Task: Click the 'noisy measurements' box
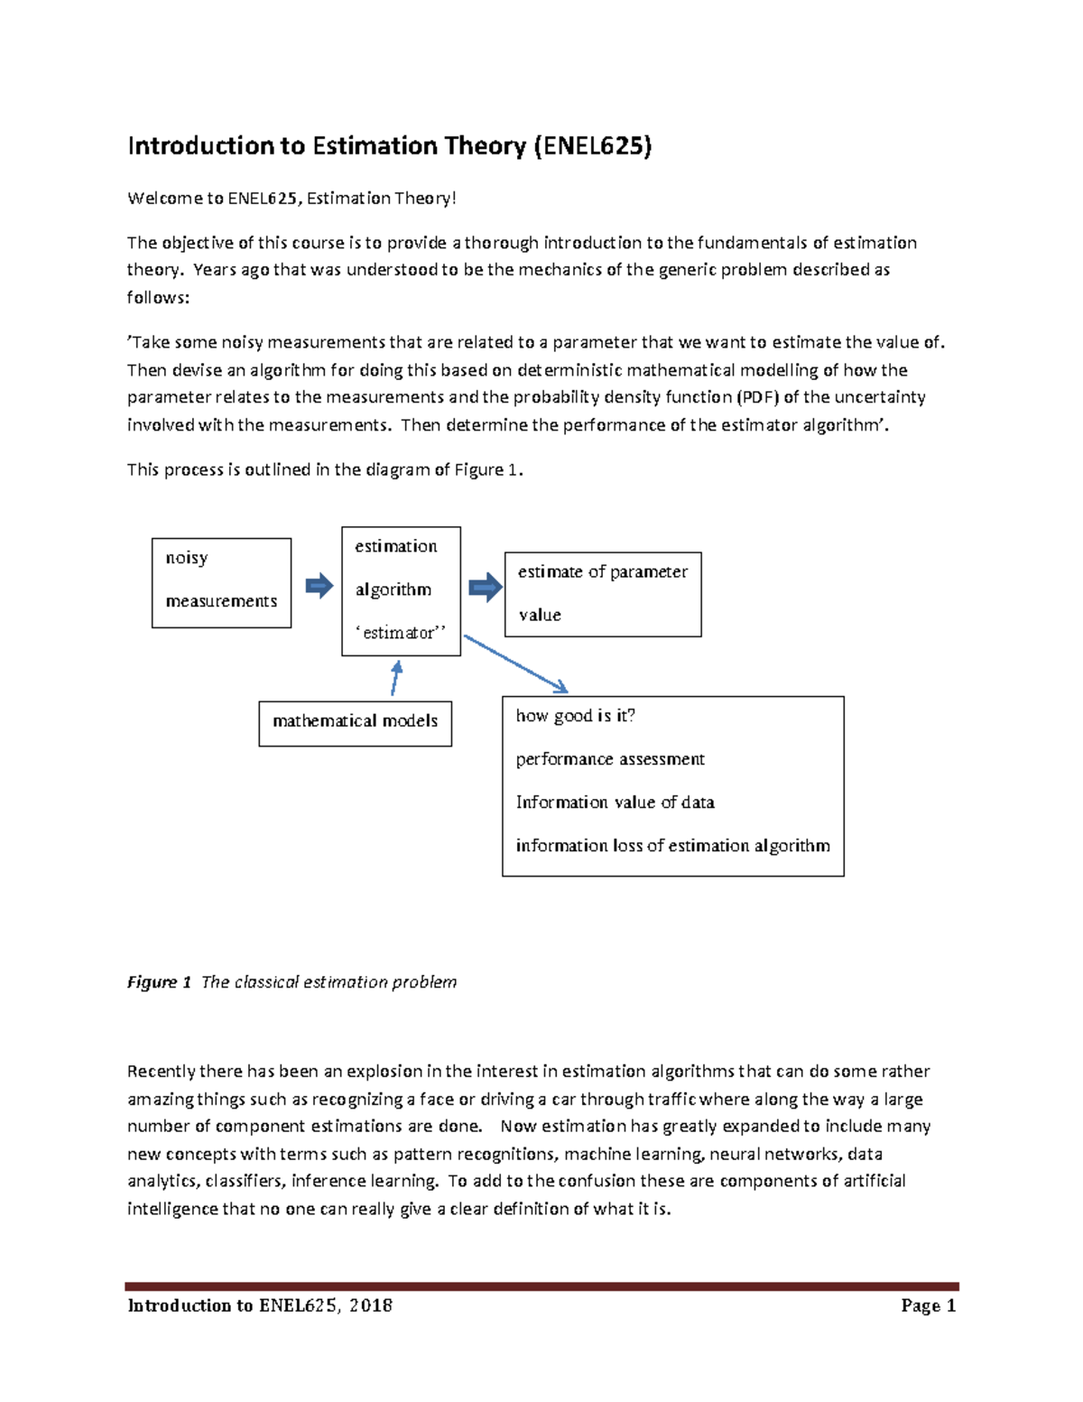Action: [x=221, y=582]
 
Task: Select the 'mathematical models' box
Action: [x=355, y=723]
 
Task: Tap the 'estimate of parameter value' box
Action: [x=602, y=594]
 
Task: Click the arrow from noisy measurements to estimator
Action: [x=319, y=587]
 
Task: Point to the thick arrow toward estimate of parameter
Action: [x=486, y=587]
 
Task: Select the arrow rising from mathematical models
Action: [x=394, y=678]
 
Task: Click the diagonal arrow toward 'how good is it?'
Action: [x=515, y=664]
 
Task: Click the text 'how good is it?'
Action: [x=575, y=716]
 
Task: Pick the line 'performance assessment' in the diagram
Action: [x=610, y=759]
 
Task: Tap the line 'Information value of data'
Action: [x=615, y=803]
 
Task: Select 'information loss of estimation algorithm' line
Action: [x=672, y=846]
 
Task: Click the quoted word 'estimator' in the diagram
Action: [x=401, y=633]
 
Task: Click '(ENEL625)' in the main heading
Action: [x=592, y=146]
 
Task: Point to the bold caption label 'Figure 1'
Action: [x=159, y=982]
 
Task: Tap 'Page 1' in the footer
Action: [x=928, y=1305]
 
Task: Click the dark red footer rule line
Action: [x=541, y=1286]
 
